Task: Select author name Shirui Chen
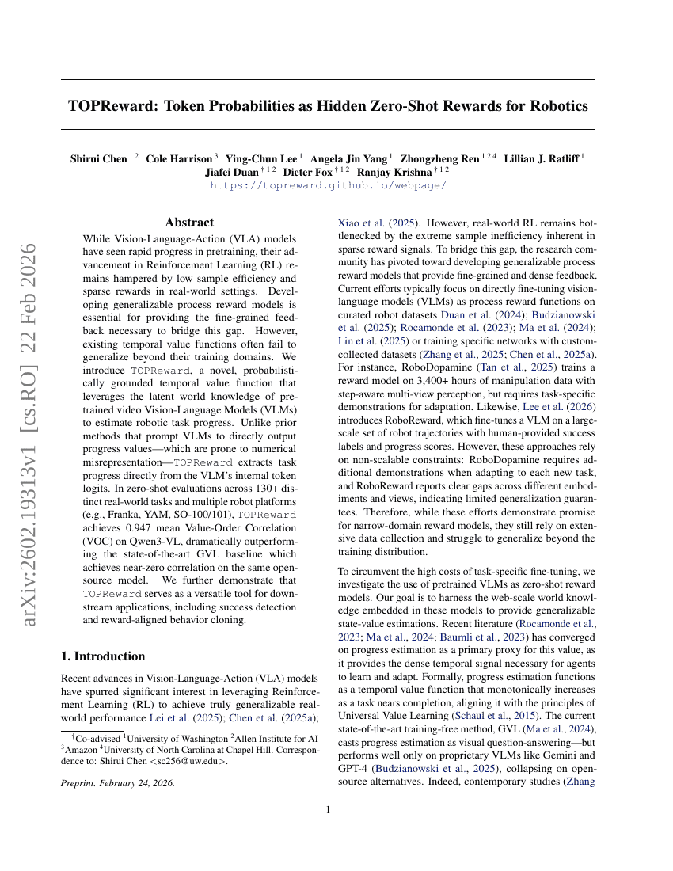point(98,158)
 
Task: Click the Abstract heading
point(189,223)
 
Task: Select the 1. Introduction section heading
point(104,656)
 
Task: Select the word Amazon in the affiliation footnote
point(82,749)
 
